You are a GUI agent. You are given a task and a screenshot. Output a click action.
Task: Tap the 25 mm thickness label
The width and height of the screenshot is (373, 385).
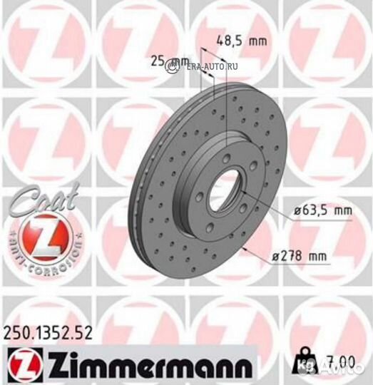[166, 62]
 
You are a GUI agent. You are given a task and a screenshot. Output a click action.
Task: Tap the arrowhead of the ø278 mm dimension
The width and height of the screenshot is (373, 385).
[244, 250]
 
